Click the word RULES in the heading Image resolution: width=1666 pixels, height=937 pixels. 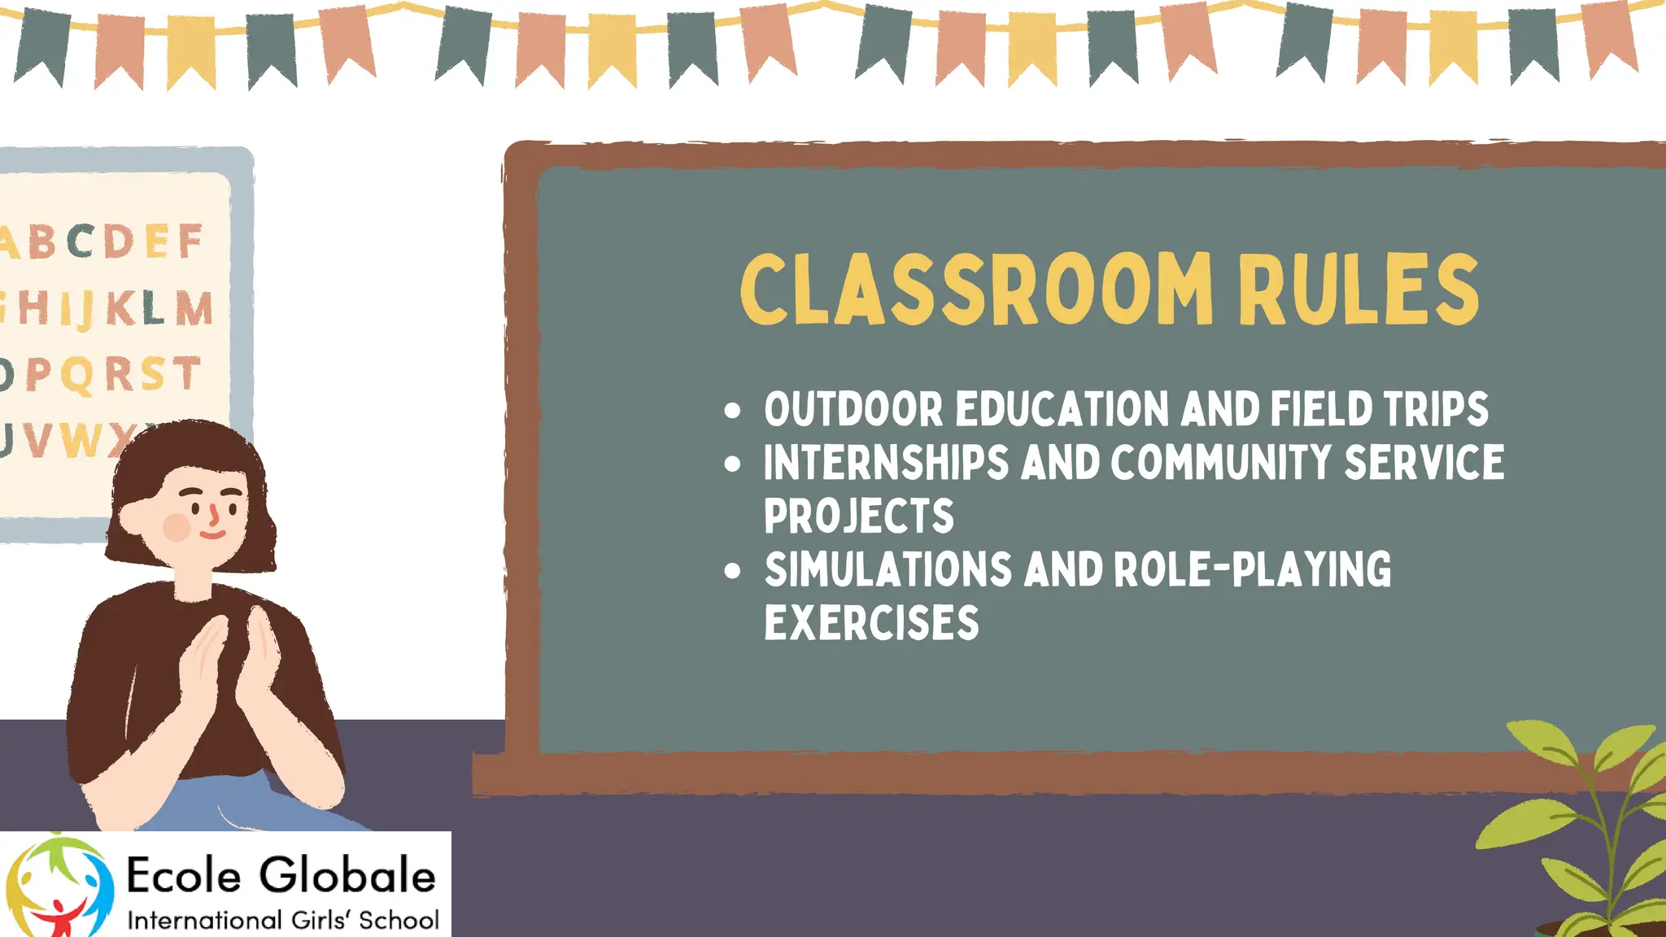1358,289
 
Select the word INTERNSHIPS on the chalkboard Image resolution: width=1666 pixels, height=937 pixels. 886,463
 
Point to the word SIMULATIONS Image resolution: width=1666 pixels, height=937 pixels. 888,569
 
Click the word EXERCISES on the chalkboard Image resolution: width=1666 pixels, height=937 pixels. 871,623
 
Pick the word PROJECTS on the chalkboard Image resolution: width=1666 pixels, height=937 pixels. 858,516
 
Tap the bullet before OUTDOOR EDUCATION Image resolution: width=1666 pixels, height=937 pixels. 732,410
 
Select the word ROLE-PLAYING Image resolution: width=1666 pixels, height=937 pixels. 1252,569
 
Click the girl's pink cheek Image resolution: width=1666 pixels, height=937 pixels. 177,527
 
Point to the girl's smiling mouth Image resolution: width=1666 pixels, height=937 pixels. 212,534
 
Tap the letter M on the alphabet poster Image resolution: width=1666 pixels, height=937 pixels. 194,309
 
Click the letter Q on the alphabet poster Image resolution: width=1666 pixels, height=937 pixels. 77,376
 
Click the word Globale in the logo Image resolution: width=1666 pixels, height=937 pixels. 347,876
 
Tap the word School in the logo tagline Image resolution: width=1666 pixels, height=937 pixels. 399,921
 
